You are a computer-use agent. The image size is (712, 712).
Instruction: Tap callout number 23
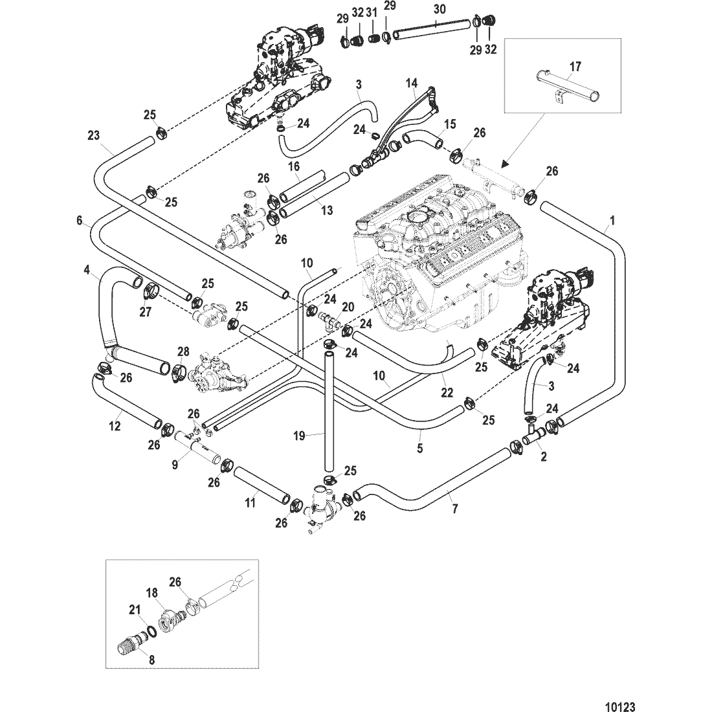(x=94, y=135)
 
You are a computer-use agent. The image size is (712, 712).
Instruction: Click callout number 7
(x=454, y=510)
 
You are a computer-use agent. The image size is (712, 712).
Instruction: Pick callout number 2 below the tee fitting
(x=544, y=456)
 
